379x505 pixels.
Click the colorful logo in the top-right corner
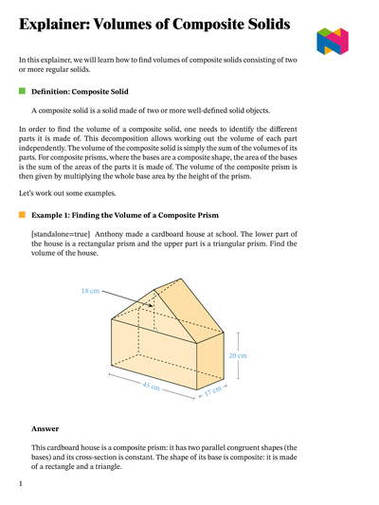(334, 41)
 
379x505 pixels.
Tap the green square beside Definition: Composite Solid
(22, 91)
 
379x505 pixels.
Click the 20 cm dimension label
(238, 355)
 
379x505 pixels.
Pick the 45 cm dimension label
(151, 387)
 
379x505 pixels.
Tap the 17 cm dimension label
(213, 389)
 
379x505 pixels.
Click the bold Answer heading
(45, 428)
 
